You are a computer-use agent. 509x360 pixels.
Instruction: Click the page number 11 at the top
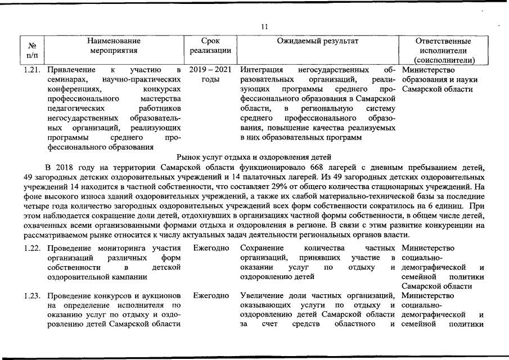pyautogui.click(x=265, y=26)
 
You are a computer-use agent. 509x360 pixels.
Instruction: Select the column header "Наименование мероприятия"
pyautogui.click(x=114, y=46)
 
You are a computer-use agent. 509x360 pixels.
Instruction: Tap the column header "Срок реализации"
pyautogui.click(x=210, y=46)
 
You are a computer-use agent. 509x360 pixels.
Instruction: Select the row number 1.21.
pyautogui.click(x=33, y=70)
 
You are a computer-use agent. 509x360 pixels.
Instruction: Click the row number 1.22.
pyautogui.click(x=33, y=247)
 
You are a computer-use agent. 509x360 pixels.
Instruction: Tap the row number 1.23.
pyautogui.click(x=33, y=295)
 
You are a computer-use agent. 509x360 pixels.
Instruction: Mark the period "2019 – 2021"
pyautogui.click(x=210, y=70)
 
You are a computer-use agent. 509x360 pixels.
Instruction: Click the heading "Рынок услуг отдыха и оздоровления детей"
pyautogui.click(x=254, y=157)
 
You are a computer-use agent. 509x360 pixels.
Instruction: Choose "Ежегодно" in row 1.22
pyautogui.click(x=210, y=247)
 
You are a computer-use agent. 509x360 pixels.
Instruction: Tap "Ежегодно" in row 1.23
pyautogui.click(x=210, y=295)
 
